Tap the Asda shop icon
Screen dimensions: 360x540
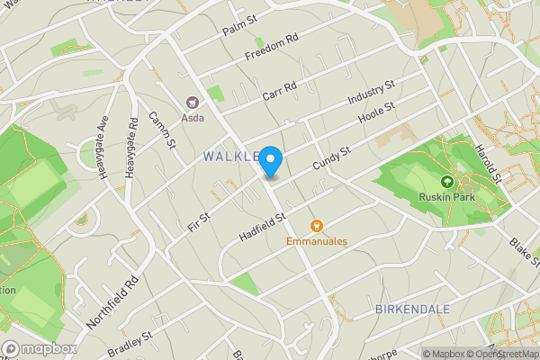[x=192, y=103]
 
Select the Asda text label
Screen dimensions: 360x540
[x=193, y=117]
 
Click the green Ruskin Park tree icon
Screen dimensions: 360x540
[x=447, y=181]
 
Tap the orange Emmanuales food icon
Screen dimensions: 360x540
[x=316, y=226]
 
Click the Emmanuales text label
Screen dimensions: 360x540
[x=317, y=241]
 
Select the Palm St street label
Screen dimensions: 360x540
[x=239, y=24]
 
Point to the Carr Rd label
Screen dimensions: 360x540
[x=279, y=91]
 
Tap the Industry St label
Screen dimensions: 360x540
[x=372, y=93]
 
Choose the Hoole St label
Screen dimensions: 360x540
[x=377, y=113]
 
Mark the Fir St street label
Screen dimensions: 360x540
[x=198, y=219]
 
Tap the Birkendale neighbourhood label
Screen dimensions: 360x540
[x=411, y=309]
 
